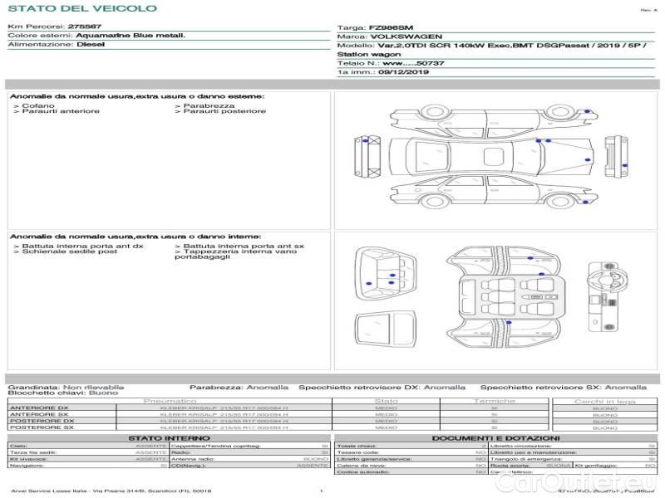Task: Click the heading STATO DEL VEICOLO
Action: click(81, 8)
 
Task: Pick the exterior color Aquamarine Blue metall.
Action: click(129, 36)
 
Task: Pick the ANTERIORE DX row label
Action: click(38, 408)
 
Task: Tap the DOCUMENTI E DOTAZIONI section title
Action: click(495, 437)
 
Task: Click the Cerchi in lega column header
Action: click(604, 402)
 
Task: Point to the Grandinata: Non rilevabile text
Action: click(66, 387)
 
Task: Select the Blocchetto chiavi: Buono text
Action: click(62, 393)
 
